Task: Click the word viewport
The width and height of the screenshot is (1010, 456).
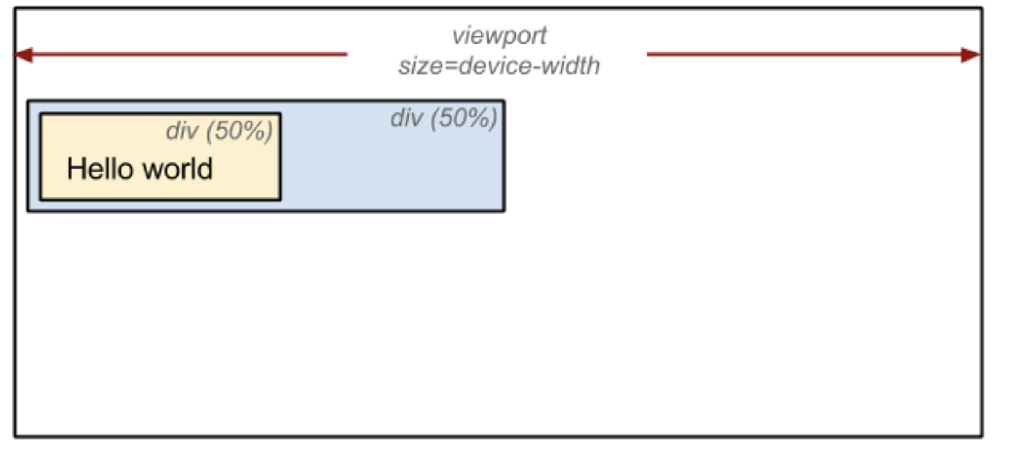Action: point(499,36)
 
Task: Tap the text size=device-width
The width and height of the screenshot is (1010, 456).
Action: point(499,66)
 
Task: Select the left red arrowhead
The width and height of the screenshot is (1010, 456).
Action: point(23,55)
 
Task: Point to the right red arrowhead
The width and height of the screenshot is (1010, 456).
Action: point(971,55)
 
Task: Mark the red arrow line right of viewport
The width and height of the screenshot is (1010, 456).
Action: point(814,54)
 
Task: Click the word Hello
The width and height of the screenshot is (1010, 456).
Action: point(100,169)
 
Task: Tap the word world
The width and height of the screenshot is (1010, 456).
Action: point(177,169)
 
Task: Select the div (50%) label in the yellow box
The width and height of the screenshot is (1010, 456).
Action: point(219,131)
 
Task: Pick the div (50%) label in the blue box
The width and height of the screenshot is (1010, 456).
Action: point(444,119)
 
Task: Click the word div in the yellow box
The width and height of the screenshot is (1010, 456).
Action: point(182,131)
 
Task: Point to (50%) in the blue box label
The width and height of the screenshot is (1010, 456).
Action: point(464,119)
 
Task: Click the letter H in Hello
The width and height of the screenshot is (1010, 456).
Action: point(75,169)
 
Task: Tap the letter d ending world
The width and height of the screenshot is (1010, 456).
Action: point(206,169)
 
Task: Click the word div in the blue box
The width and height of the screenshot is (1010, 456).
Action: point(407,118)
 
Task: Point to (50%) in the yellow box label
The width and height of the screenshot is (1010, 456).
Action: point(239,131)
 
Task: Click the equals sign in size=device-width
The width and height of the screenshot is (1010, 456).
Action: point(451,67)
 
